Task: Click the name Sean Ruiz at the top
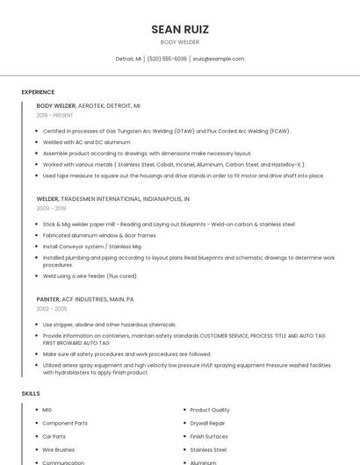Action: [x=180, y=29]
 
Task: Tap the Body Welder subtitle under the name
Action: [x=180, y=42]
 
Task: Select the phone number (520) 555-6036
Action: [x=167, y=59]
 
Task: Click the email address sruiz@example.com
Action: [x=218, y=59]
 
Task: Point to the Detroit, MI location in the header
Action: [x=128, y=59]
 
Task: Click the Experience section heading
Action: [x=38, y=92]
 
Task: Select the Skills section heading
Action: [x=31, y=394]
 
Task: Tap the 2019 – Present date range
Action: [x=54, y=115]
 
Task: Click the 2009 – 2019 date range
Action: [x=51, y=209]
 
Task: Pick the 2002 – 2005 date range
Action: [x=51, y=309]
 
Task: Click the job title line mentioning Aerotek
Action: [x=88, y=105]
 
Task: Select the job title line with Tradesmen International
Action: [x=113, y=199]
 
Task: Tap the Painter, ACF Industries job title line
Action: [x=85, y=299]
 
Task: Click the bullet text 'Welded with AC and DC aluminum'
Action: [x=86, y=141]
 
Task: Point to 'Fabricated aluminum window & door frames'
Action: [x=99, y=235]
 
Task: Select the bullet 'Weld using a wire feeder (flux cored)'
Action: [x=90, y=276]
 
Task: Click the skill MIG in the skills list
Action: [x=47, y=410]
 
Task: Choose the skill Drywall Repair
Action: [x=207, y=423]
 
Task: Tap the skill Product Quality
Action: [x=210, y=410]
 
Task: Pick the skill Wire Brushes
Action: [x=58, y=449]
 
